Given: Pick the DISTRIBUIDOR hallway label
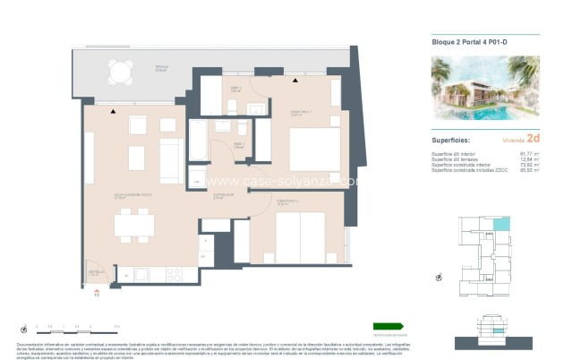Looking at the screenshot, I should pyautogui.click(x=223, y=193).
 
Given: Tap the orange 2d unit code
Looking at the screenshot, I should pyautogui.click(x=533, y=140).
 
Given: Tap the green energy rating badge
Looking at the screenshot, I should pyautogui.click(x=389, y=326).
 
